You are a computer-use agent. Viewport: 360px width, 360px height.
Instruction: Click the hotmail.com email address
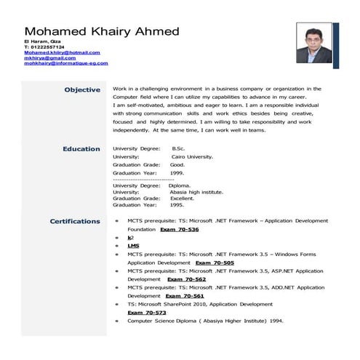(x=61, y=52)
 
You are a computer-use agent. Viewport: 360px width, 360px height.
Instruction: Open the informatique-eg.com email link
(x=65, y=63)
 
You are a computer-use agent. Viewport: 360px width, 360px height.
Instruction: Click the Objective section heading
(x=82, y=89)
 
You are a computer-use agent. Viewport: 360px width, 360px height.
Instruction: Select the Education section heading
(x=81, y=148)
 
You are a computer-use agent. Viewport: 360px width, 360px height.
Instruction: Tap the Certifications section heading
(x=74, y=221)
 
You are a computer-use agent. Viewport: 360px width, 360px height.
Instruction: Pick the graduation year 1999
(x=177, y=172)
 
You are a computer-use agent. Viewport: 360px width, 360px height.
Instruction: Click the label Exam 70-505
(x=215, y=262)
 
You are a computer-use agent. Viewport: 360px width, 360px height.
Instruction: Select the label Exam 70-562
(x=187, y=279)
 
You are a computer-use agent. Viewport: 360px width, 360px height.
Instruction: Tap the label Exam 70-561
(x=185, y=296)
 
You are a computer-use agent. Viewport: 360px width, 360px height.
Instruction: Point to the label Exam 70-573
(x=142, y=313)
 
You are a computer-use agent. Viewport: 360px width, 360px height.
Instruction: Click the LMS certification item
(x=133, y=246)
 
